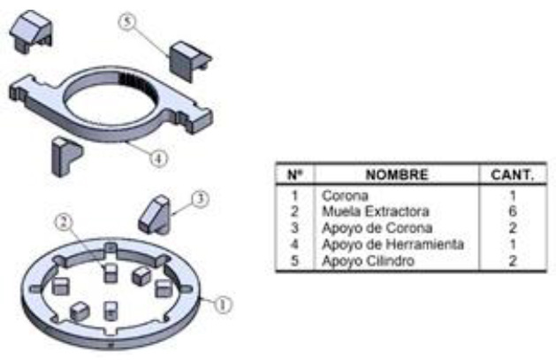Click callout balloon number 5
click(x=127, y=21)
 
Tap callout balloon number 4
click(x=158, y=157)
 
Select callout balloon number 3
click(x=201, y=199)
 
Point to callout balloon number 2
click(x=64, y=222)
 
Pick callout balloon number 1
click(x=223, y=305)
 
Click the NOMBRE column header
click(x=397, y=175)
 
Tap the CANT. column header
click(x=513, y=175)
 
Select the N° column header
click(x=295, y=175)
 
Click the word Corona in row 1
click(x=345, y=195)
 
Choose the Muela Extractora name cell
click(x=375, y=211)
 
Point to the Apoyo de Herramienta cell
click(x=392, y=244)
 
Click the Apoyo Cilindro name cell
click(x=368, y=261)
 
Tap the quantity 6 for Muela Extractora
click(x=513, y=211)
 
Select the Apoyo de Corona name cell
click(x=377, y=228)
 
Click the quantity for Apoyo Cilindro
click(x=513, y=261)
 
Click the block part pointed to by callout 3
click(x=155, y=215)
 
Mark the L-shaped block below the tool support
click(x=66, y=157)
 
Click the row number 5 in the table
click(x=294, y=261)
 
